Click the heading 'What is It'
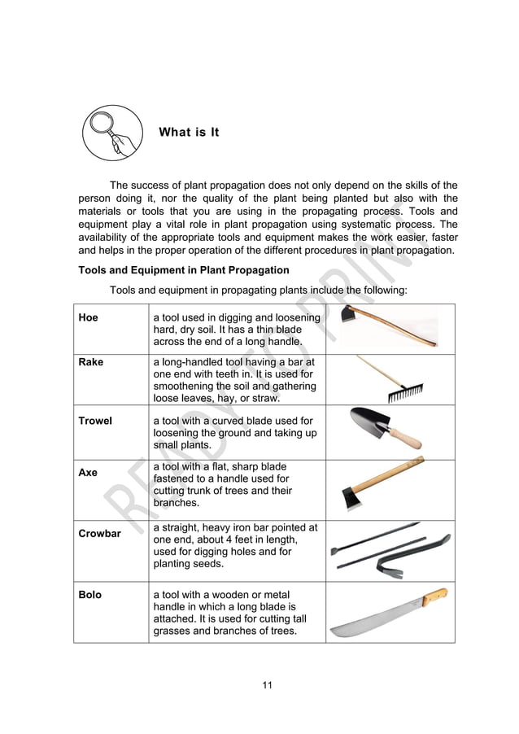(189, 132)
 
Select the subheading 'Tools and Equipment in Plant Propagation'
(183, 270)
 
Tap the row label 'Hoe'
(88, 317)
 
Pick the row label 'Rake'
(91, 362)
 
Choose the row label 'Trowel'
(95, 421)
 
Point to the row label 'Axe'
(88, 472)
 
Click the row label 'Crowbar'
(99, 534)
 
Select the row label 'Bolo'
(90, 595)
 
